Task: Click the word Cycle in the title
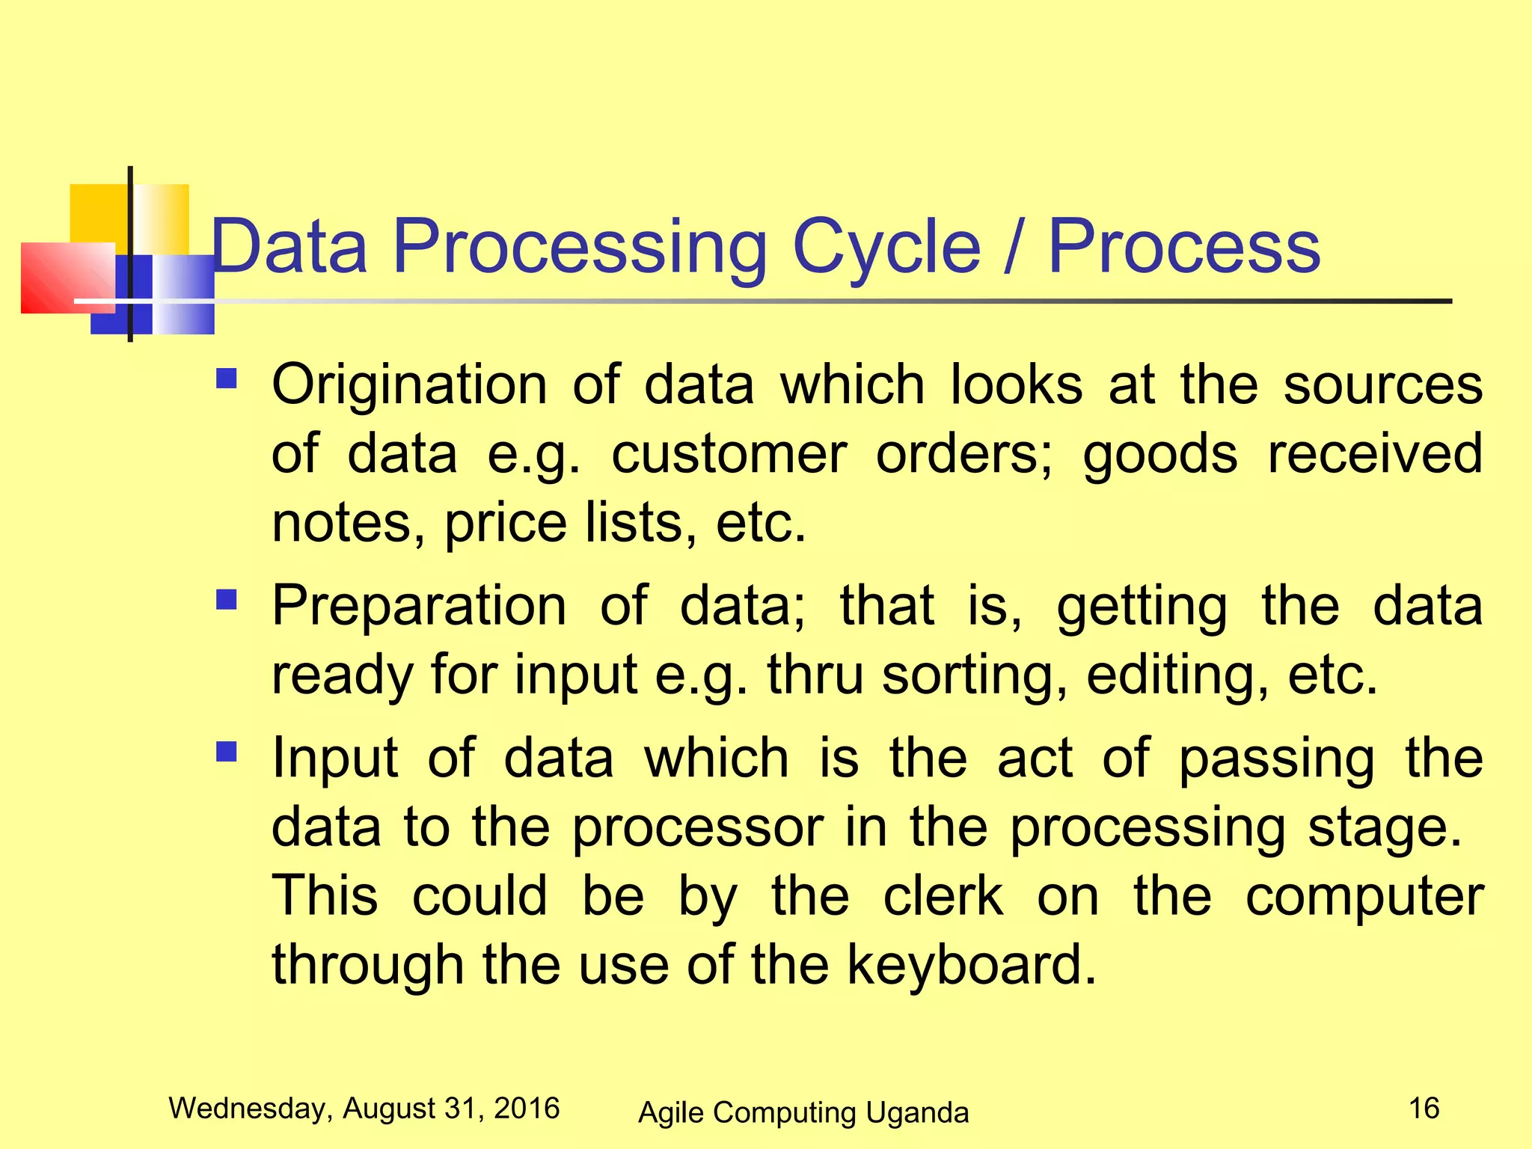point(886,247)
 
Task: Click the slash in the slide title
point(1014,247)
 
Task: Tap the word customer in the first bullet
point(729,454)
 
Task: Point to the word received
point(1375,454)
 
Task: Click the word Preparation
point(419,605)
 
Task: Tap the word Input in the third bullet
point(334,759)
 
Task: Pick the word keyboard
point(971,965)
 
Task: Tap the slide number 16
point(1424,1108)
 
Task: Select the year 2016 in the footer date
point(527,1108)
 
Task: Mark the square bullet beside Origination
point(226,379)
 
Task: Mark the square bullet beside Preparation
point(226,599)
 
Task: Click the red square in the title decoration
point(67,278)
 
